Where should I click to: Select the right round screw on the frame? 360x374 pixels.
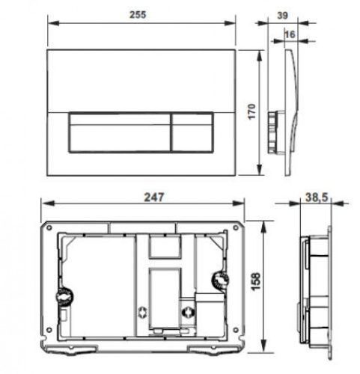[x=220, y=281]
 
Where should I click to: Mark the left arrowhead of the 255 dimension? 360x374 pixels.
[x=50, y=22]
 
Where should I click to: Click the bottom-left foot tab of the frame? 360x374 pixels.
[x=76, y=349]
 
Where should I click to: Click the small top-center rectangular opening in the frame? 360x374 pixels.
[x=165, y=248]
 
